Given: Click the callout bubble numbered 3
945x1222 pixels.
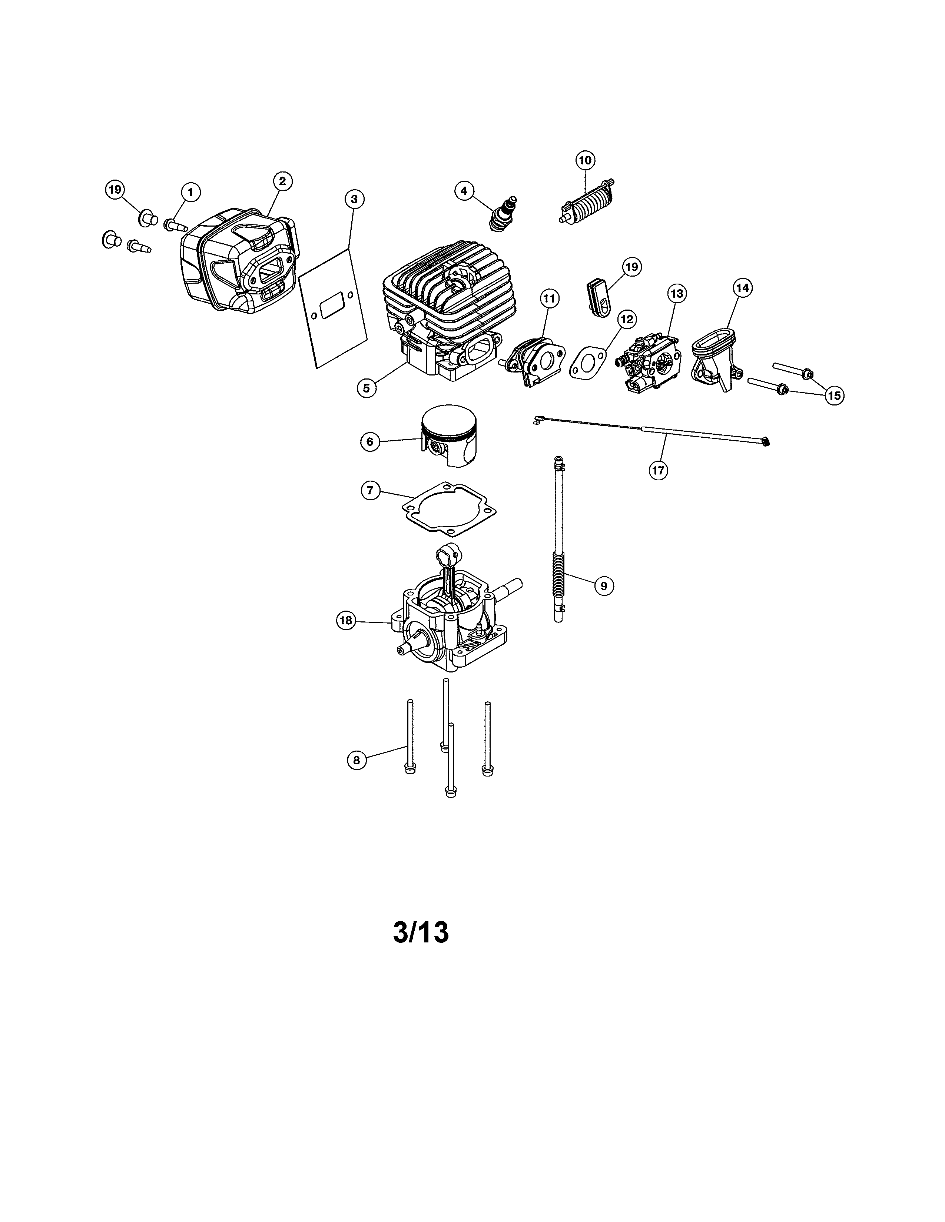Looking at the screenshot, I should click(x=354, y=198).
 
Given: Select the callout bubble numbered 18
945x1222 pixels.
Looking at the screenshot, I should click(x=346, y=621).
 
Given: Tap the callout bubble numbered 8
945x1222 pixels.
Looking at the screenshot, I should click(x=356, y=760).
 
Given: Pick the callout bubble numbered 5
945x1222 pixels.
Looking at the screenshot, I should click(x=367, y=388).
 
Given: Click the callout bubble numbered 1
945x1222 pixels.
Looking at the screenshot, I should click(x=190, y=193).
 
